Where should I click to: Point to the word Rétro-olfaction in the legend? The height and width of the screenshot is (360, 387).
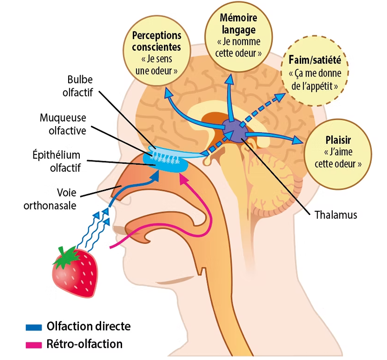click(84, 344)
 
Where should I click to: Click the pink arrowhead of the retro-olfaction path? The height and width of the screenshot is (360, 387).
click(182, 179)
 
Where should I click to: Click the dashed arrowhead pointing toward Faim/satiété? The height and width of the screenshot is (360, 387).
click(282, 97)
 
